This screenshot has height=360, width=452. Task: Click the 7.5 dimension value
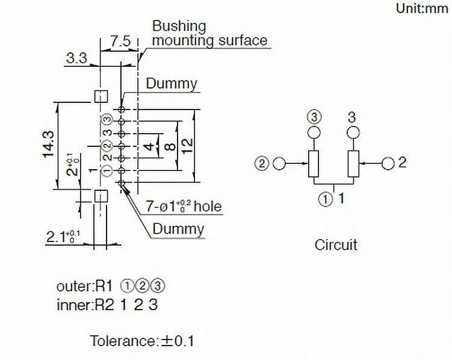[x=120, y=41]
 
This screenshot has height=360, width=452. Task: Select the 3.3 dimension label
[x=76, y=58]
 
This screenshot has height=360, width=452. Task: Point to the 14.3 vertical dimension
[x=48, y=144]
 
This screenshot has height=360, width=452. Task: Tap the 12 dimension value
[x=187, y=146]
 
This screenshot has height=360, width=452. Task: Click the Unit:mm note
[x=423, y=8]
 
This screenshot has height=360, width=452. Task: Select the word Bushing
[x=179, y=26]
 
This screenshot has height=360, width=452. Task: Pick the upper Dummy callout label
[x=171, y=84]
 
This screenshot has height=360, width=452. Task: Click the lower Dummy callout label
[x=178, y=229]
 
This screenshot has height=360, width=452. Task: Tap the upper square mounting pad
[x=101, y=96]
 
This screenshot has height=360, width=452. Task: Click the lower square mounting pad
[x=101, y=196]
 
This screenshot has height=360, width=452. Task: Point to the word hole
[x=208, y=206]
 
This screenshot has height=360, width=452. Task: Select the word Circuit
[x=336, y=245]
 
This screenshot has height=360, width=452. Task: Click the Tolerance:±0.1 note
[x=142, y=341]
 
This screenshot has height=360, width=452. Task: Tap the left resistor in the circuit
[x=314, y=164]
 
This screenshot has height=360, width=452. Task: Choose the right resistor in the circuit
[x=353, y=164]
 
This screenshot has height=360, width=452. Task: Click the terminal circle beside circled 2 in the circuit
[x=279, y=163]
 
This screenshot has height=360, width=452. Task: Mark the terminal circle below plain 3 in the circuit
[x=353, y=133]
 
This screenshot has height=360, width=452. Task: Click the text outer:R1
[x=84, y=287]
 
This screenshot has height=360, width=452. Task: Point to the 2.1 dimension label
[x=63, y=238]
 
